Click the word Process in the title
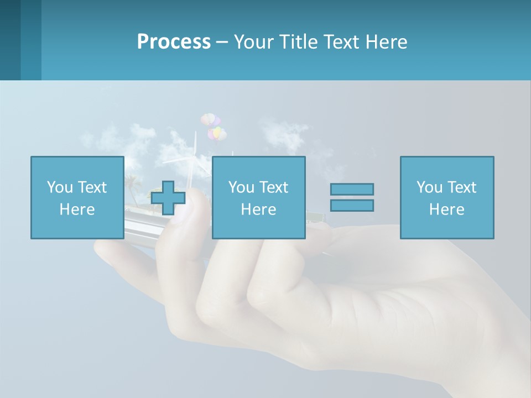174,42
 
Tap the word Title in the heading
300,42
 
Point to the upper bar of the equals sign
352,189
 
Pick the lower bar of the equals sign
352,206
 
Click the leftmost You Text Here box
77,197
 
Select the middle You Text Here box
258,197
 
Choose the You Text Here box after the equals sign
446,197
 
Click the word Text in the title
342,42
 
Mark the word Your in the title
252,42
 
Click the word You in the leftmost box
59,187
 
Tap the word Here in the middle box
258,210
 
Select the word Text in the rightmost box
462,187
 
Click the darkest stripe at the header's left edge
10,40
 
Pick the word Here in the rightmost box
446,210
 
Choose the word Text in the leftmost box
92,187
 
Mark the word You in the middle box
241,187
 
